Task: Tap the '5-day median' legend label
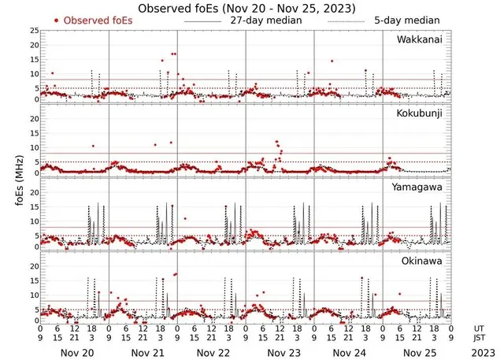[x=407, y=20]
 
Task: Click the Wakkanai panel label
[x=423, y=39]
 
